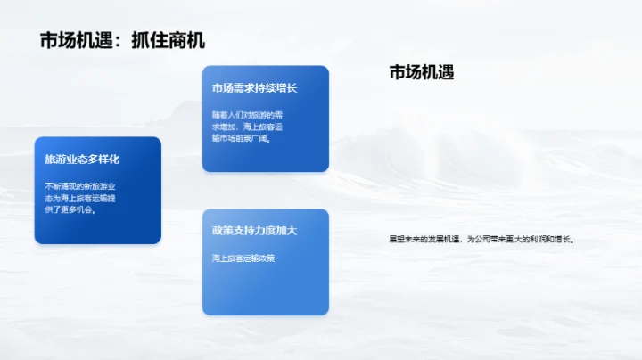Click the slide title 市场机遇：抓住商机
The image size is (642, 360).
[x=123, y=41]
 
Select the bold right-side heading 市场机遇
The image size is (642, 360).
[x=422, y=73]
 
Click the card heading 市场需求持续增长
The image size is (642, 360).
[x=254, y=88]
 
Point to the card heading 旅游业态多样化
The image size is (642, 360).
[x=82, y=160]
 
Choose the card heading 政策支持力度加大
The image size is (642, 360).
[x=254, y=231]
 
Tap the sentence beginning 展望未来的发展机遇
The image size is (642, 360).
[x=481, y=240]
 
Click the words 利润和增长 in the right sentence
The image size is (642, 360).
[x=553, y=240]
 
